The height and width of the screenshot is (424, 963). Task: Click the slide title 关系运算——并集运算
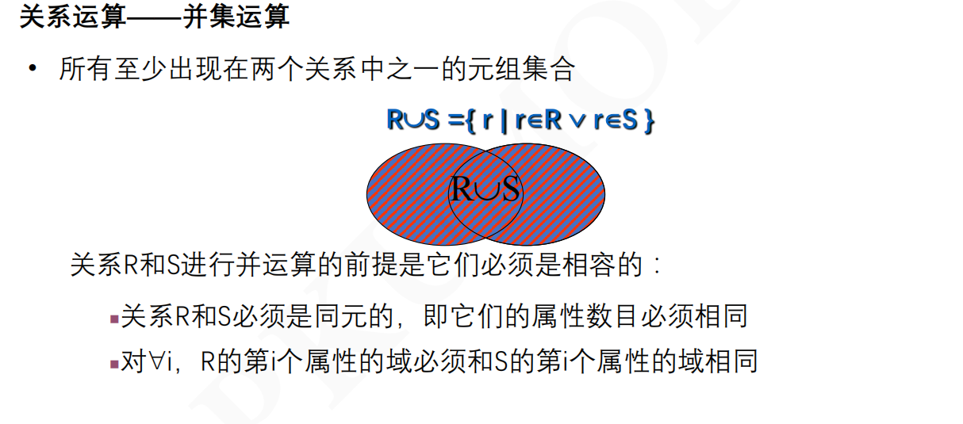pos(154,17)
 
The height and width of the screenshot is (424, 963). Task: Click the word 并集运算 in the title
pos(236,17)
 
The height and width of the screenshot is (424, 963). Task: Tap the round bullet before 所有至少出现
pos(33,69)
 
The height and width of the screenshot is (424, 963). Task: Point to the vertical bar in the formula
pos(503,121)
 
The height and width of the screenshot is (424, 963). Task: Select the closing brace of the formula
pos(648,121)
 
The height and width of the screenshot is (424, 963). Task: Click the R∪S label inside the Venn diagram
pos(485,189)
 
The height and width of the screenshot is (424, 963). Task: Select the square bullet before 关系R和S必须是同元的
pos(113,319)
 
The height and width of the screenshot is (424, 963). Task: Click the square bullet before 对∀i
pos(113,364)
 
